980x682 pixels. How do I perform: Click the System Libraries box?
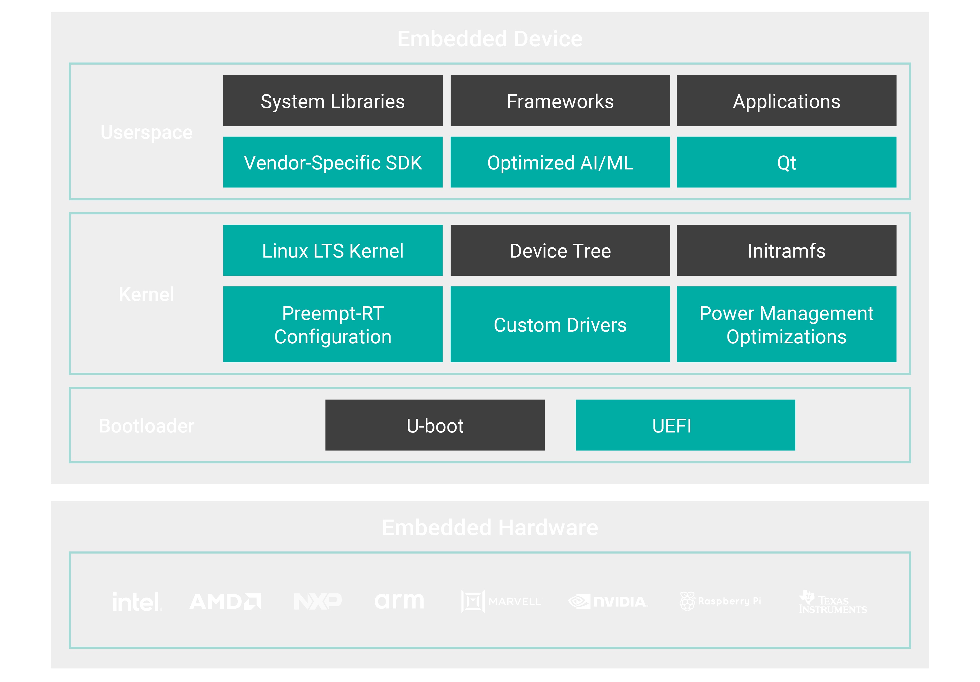333,101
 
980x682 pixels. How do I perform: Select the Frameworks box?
560,101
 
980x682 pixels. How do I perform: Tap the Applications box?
786,101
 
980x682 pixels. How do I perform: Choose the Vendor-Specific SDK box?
333,162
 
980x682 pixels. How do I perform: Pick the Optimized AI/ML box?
560,162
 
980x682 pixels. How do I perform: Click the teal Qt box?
786,162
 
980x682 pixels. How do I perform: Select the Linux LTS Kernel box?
333,251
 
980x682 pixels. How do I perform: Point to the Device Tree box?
560,251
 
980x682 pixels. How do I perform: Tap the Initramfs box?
786,251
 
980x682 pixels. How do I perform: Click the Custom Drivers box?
560,324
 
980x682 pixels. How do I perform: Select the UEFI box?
685,425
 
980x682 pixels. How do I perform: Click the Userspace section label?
146,132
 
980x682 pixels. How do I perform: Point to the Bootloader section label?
146,426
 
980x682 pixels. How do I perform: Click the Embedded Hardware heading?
490,528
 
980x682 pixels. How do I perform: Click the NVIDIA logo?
608,601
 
